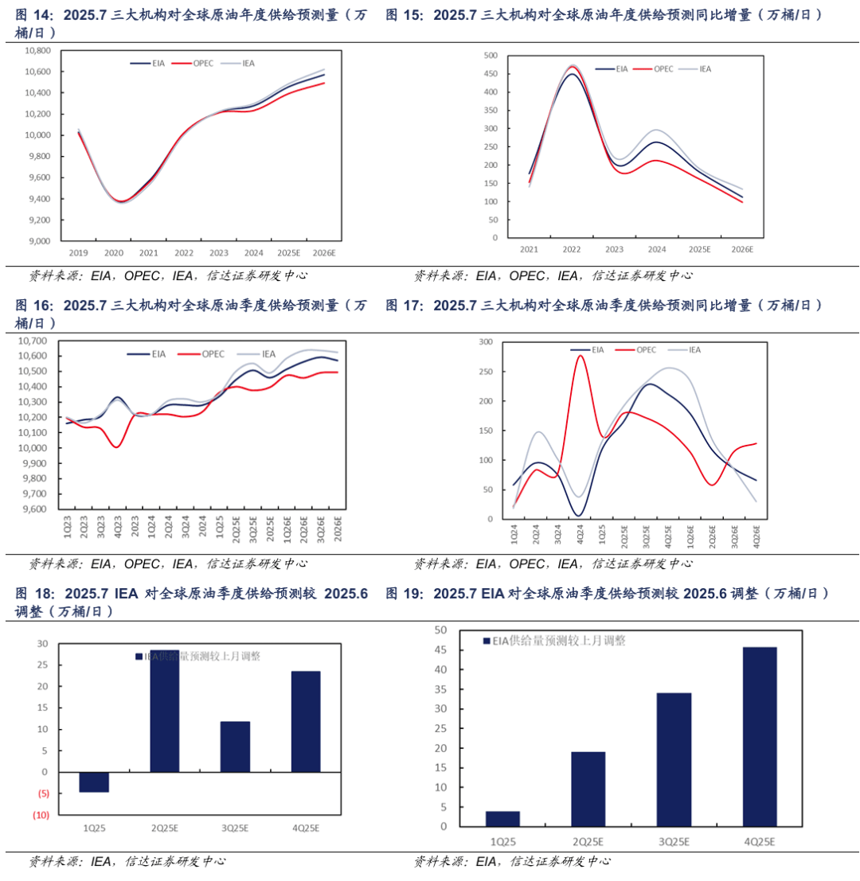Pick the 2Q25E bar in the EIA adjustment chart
[588, 789]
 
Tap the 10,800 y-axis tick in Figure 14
[37, 50]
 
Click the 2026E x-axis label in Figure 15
[742, 249]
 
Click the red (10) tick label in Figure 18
[41, 815]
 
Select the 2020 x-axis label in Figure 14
[114, 253]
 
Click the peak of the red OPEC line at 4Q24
[580, 355]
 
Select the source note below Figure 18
[127, 861]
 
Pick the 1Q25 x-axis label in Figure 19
[502, 841]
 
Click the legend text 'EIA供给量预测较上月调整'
[557, 641]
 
